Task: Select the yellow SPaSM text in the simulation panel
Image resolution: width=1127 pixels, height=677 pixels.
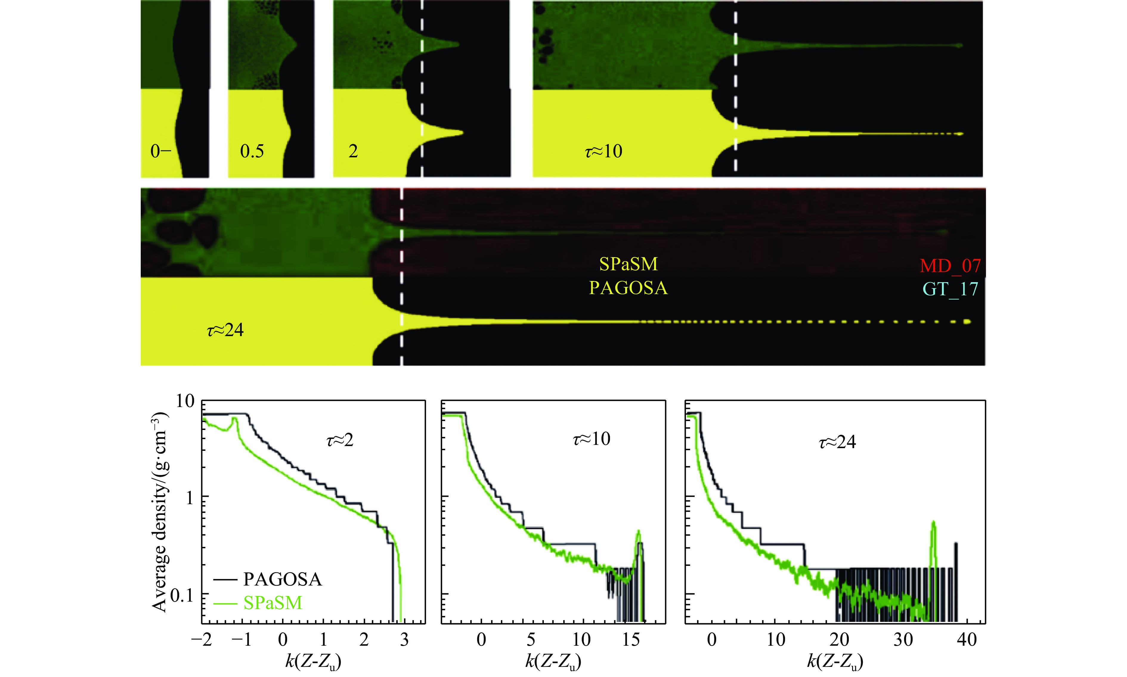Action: (x=628, y=264)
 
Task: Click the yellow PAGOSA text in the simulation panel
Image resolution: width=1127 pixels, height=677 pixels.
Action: (x=628, y=288)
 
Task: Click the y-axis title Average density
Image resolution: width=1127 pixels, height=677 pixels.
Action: (x=160, y=511)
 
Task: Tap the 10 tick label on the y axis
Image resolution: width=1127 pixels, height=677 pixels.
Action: (x=185, y=401)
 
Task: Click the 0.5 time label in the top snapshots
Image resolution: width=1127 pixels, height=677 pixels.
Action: (x=252, y=151)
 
